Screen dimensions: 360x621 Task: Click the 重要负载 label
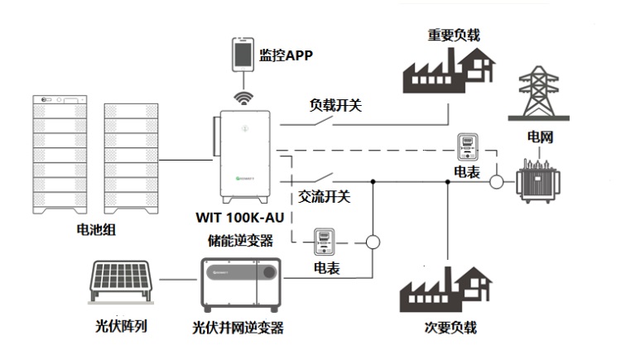pos(454,35)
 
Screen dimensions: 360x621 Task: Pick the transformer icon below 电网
pos(538,177)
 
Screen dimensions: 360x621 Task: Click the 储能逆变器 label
pos(243,240)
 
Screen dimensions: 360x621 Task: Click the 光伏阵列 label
pos(122,326)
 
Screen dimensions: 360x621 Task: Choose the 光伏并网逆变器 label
pos(238,327)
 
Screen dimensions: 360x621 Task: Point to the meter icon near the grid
pos(469,148)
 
